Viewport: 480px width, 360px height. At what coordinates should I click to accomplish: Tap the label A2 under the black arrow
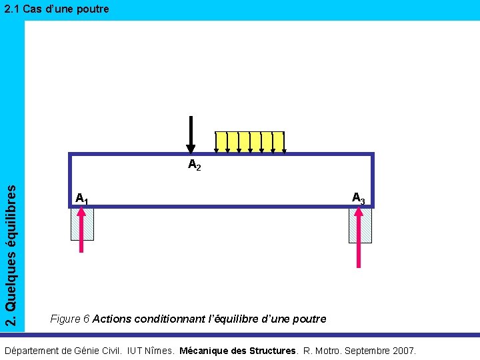194,165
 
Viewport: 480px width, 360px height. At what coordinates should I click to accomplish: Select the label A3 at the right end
358,198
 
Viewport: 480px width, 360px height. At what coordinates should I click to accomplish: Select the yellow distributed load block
249,141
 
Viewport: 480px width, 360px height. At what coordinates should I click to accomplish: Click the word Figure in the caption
65,319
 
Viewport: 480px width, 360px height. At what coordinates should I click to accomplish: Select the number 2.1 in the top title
11,9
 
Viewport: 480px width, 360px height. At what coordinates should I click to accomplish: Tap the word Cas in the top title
32,9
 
